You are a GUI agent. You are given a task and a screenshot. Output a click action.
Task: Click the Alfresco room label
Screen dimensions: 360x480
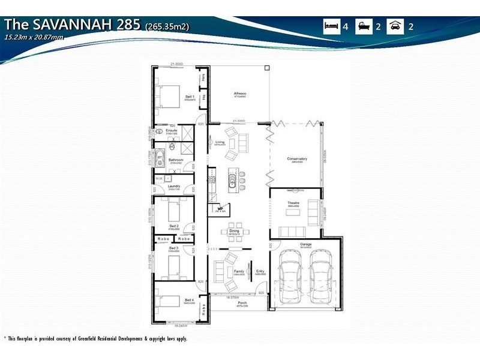point(240,94)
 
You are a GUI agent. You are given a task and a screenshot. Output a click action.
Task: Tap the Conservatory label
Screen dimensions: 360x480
point(299,159)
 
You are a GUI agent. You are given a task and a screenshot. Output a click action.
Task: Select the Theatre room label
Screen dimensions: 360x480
point(293,203)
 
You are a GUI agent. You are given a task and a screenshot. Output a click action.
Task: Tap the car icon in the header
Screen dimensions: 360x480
point(395,27)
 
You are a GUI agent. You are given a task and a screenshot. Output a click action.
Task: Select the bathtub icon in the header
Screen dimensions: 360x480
point(363,27)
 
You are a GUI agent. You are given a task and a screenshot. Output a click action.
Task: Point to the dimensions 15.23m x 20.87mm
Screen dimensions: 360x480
point(34,37)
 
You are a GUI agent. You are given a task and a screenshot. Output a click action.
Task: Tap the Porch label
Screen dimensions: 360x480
point(242,303)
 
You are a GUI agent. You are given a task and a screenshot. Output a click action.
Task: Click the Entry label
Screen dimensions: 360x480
point(260,271)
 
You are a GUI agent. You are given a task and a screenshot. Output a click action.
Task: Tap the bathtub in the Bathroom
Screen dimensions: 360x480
point(160,160)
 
